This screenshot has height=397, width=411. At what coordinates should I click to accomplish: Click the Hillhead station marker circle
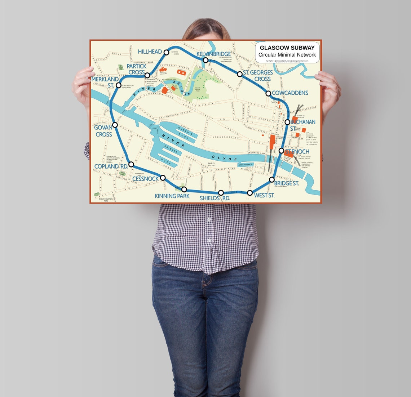point(166,52)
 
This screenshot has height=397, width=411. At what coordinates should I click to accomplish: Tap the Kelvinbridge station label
point(213,54)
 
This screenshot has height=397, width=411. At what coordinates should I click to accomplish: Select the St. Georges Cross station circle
point(240,74)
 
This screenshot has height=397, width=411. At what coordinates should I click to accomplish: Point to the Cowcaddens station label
point(290,93)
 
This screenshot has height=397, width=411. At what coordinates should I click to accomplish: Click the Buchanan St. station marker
point(287,122)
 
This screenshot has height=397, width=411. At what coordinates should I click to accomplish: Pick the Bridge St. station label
point(286,183)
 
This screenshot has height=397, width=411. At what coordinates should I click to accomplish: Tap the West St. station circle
point(250,193)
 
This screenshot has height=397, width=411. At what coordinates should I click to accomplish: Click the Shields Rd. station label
point(215,198)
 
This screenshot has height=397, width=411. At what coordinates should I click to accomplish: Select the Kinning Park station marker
point(184,189)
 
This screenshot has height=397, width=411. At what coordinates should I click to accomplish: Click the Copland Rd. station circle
point(131,164)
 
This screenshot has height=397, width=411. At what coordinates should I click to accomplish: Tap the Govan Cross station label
point(103,131)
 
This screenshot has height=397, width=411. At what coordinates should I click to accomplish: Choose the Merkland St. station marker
point(118,85)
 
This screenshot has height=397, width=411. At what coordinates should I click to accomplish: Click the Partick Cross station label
point(137,69)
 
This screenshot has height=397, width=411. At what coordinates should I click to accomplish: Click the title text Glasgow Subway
point(287,48)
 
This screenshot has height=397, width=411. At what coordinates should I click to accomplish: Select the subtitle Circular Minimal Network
point(287,55)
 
